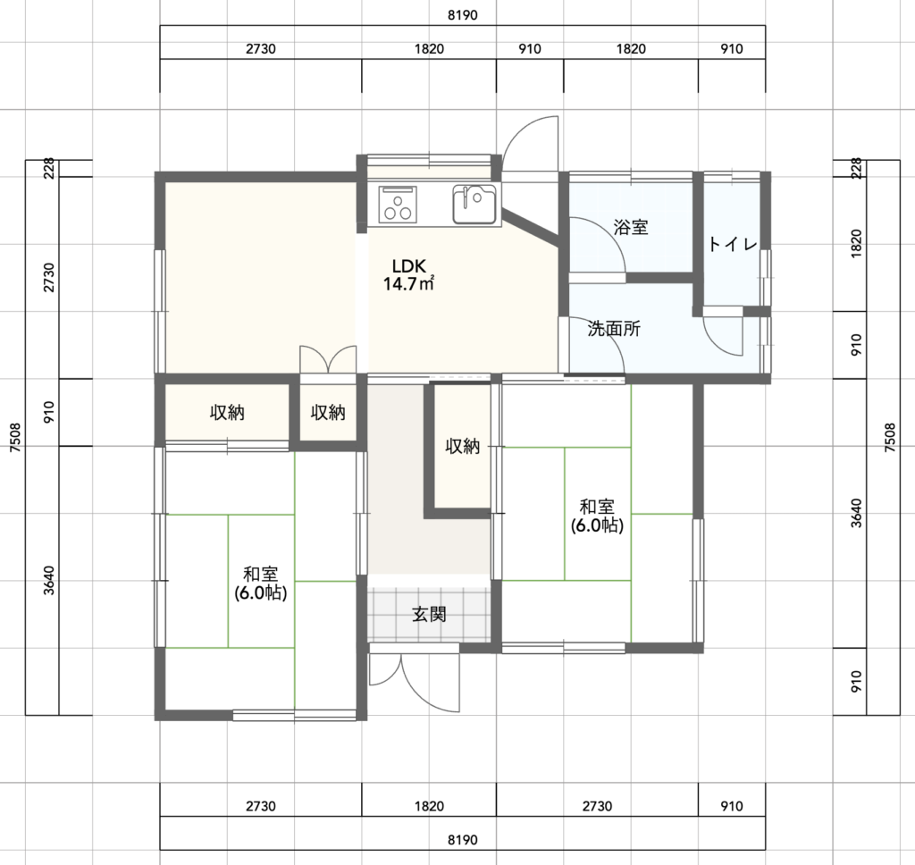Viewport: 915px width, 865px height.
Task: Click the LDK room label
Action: pos(409,266)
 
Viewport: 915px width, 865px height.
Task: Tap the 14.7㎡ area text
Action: pos(409,284)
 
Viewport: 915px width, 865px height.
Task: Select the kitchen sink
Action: pos(474,204)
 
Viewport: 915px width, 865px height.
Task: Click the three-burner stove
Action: pos(398,205)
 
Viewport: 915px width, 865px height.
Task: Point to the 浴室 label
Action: pos(631,227)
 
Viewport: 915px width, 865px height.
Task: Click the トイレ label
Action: pos(733,244)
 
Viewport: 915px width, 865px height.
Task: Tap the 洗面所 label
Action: pos(614,329)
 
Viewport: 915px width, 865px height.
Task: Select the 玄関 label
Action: pos(429,614)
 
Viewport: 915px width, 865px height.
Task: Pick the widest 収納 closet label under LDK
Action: pos(227,413)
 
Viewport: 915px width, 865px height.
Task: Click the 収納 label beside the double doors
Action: pos(328,413)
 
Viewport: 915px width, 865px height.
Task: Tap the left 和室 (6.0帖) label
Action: pos(260,584)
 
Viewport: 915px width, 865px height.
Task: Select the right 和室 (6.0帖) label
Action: pos(597,516)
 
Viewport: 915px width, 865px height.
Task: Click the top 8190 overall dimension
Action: pos(462,15)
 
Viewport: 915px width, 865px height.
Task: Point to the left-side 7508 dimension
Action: pos(16,437)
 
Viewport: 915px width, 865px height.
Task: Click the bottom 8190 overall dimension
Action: pos(462,840)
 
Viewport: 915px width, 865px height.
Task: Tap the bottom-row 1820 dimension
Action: pos(429,806)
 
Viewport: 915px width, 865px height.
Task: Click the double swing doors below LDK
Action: pos(328,359)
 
